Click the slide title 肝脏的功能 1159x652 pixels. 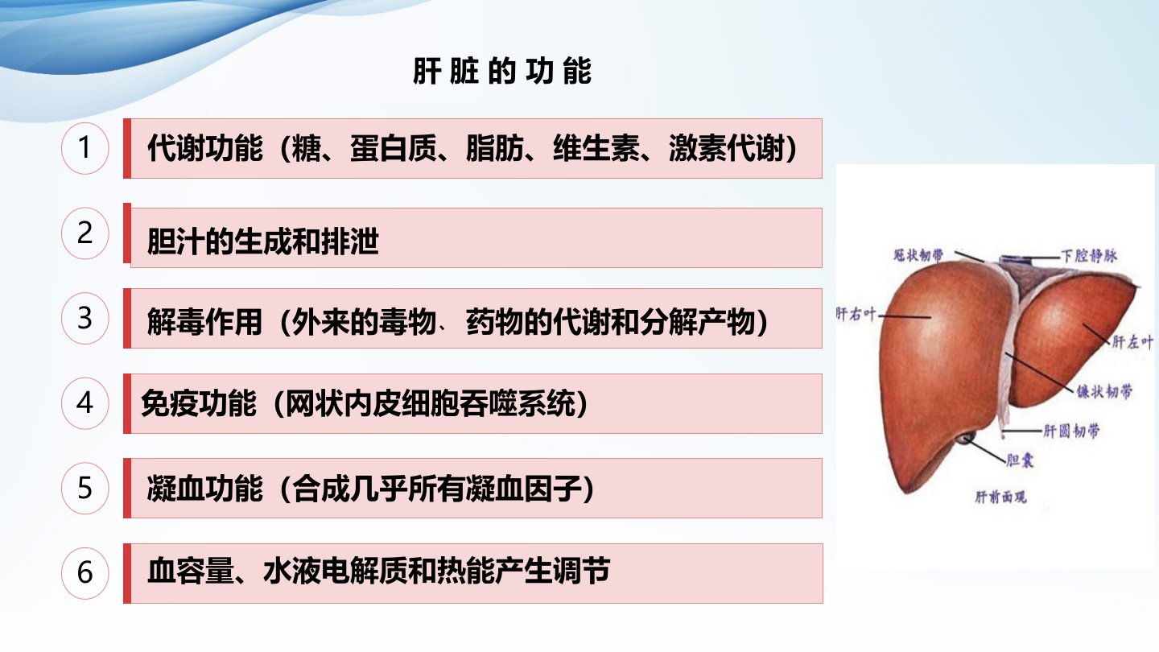(502, 71)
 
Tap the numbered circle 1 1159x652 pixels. (85, 148)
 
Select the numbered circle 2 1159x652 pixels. (85, 233)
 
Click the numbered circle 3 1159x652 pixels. (85, 318)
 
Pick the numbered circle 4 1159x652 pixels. (85, 403)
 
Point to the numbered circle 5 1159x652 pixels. (85, 488)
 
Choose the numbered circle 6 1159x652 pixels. (85, 573)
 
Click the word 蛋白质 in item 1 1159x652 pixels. (394, 148)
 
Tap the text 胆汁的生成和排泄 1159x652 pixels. (263, 241)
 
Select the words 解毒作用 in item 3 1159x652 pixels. (205, 322)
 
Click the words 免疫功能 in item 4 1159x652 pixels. (199, 403)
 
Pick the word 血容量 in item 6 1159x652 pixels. (191, 571)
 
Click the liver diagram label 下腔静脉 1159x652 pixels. (1089, 256)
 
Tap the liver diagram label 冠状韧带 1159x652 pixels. (918, 254)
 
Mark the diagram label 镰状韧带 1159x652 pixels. (1104, 391)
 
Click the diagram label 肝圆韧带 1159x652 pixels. (1071, 431)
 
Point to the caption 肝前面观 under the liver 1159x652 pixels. (1000, 497)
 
